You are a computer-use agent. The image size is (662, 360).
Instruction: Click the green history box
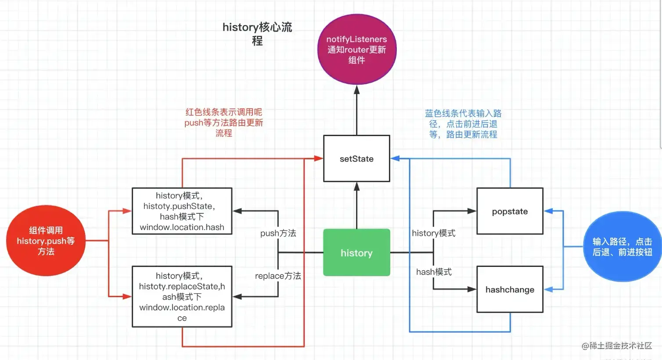pyautogui.click(x=356, y=252)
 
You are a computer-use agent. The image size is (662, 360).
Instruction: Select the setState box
pyautogui.click(x=356, y=158)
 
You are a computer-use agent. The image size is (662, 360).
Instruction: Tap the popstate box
pyautogui.click(x=510, y=211)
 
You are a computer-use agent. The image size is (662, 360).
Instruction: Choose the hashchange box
pyautogui.click(x=510, y=289)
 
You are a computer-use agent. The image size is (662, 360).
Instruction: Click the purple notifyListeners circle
pyautogui.click(x=356, y=49)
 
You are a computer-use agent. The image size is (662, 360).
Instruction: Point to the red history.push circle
pyautogui.click(x=46, y=241)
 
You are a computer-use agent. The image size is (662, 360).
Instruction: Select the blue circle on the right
pyautogui.click(x=622, y=247)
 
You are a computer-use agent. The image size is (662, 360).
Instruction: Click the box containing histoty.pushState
pyautogui.click(x=182, y=211)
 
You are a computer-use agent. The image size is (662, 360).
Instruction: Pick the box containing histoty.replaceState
pyautogui.click(x=182, y=296)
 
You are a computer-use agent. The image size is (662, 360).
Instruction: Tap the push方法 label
pyautogui.click(x=278, y=233)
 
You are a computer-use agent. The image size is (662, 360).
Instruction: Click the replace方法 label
pyautogui.click(x=278, y=276)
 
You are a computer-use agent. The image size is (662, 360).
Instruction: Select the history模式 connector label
pyautogui.click(x=433, y=233)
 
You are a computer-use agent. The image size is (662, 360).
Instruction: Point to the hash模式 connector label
pyautogui.click(x=434, y=272)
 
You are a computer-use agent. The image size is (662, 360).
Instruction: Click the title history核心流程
pyautogui.click(x=257, y=33)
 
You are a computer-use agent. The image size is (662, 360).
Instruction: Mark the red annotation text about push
pyautogui.click(x=223, y=122)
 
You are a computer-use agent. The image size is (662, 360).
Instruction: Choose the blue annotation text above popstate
pyautogui.click(x=463, y=124)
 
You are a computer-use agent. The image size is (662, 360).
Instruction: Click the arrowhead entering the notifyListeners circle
pyautogui.click(x=356, y=90)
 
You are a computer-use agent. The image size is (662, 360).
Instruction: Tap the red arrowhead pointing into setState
pyautogui.click(x=319, y=158)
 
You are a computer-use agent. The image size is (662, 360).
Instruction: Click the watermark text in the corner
pyautogui.click(x=617, y=346)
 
